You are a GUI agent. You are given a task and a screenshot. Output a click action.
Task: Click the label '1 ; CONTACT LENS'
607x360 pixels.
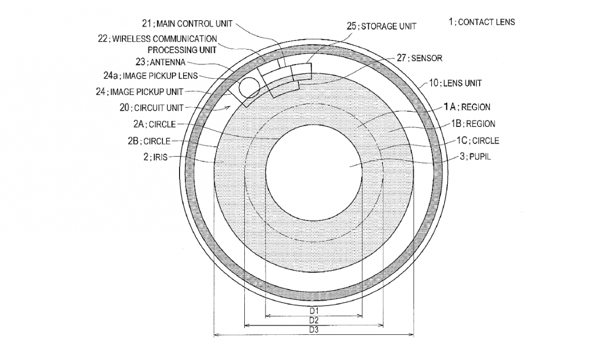(482, 22)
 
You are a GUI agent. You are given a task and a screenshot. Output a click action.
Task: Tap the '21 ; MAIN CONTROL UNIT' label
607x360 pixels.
(187, 24)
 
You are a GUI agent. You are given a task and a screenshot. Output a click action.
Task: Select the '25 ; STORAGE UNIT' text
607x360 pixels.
(381, 26)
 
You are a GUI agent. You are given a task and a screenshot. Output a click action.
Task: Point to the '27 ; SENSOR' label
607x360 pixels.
(419, 58)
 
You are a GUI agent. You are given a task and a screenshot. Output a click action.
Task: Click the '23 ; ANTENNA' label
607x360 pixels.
(160, 62)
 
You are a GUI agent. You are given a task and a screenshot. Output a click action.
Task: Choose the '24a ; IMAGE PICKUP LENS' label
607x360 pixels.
(151, 76)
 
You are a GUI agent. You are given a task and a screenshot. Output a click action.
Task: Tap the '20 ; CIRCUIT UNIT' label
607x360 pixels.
(152, 108)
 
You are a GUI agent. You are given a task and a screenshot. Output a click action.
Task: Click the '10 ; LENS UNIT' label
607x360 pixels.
(456, 83)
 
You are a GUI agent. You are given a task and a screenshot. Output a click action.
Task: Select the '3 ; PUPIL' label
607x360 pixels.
(475, 157)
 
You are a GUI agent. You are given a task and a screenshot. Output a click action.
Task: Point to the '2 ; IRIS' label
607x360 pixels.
(156, 157)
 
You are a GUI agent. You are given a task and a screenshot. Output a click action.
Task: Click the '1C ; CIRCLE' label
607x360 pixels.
(478, 141)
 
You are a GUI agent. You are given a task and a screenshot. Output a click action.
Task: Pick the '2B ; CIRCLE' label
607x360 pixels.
(149, 141)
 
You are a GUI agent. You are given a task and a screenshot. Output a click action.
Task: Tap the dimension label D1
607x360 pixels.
(314, 310)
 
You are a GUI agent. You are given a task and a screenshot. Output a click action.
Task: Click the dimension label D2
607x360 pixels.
(314, 321)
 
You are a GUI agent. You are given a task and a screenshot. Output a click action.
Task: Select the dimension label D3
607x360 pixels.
(314, 330)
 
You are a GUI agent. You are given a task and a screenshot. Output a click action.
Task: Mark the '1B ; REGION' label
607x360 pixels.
(473, 124)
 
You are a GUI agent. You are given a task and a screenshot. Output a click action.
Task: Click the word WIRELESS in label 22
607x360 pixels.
(131, 39)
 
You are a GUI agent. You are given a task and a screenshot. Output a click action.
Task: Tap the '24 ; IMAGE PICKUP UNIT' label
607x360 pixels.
(140, 92)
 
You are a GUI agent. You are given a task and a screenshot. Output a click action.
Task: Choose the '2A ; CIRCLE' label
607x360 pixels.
(155, 124)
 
